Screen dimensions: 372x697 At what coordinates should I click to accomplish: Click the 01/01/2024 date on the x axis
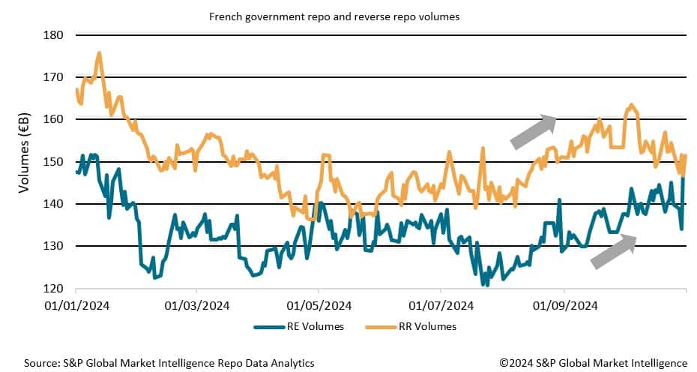(x=76, y=305)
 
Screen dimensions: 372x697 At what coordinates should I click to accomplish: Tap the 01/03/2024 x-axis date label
(x=196, y=305)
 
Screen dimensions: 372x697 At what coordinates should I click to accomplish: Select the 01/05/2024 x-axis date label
(x=319, y=305)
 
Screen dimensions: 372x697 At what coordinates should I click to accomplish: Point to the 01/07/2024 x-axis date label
(x=441, y=305)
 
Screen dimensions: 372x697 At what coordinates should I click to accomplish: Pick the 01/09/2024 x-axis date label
(x=564, y=305)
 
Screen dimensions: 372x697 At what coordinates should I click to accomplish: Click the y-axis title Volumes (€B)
(x=23, y=153)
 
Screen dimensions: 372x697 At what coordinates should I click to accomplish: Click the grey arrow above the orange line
(x=532, y=132)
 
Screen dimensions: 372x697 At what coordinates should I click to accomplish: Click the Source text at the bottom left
(x=169, y=363)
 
